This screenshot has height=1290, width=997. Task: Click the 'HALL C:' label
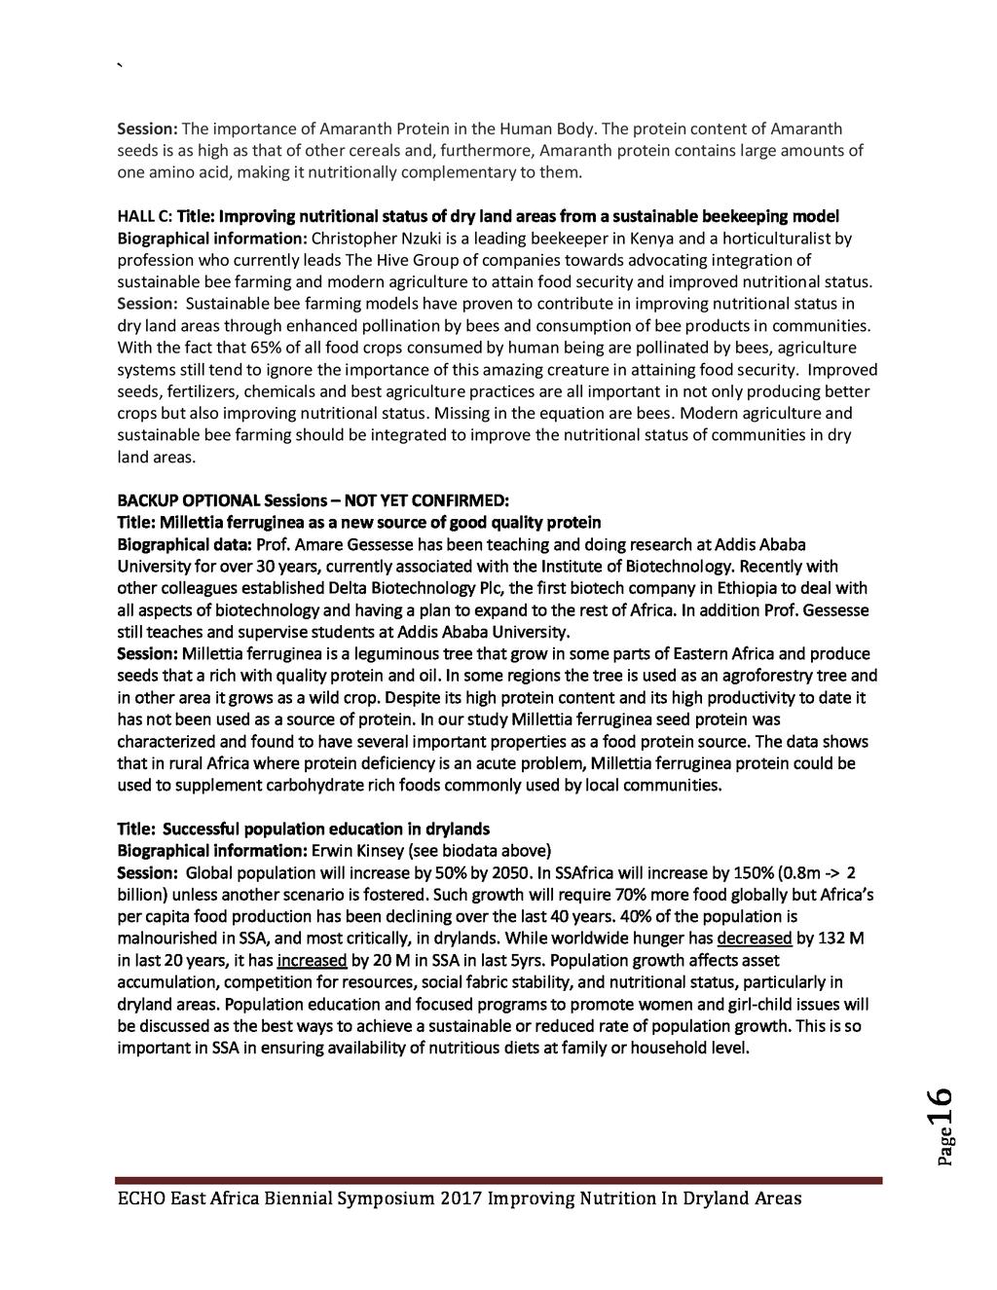pos(144,216)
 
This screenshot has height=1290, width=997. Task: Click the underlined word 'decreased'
pos(754,939)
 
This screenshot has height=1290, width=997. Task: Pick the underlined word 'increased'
pos(313,960)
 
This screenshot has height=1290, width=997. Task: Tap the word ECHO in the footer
pos(140,1198)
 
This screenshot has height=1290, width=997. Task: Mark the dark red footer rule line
pos(498,1180)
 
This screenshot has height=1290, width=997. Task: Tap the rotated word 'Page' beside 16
pos(943,1149)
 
